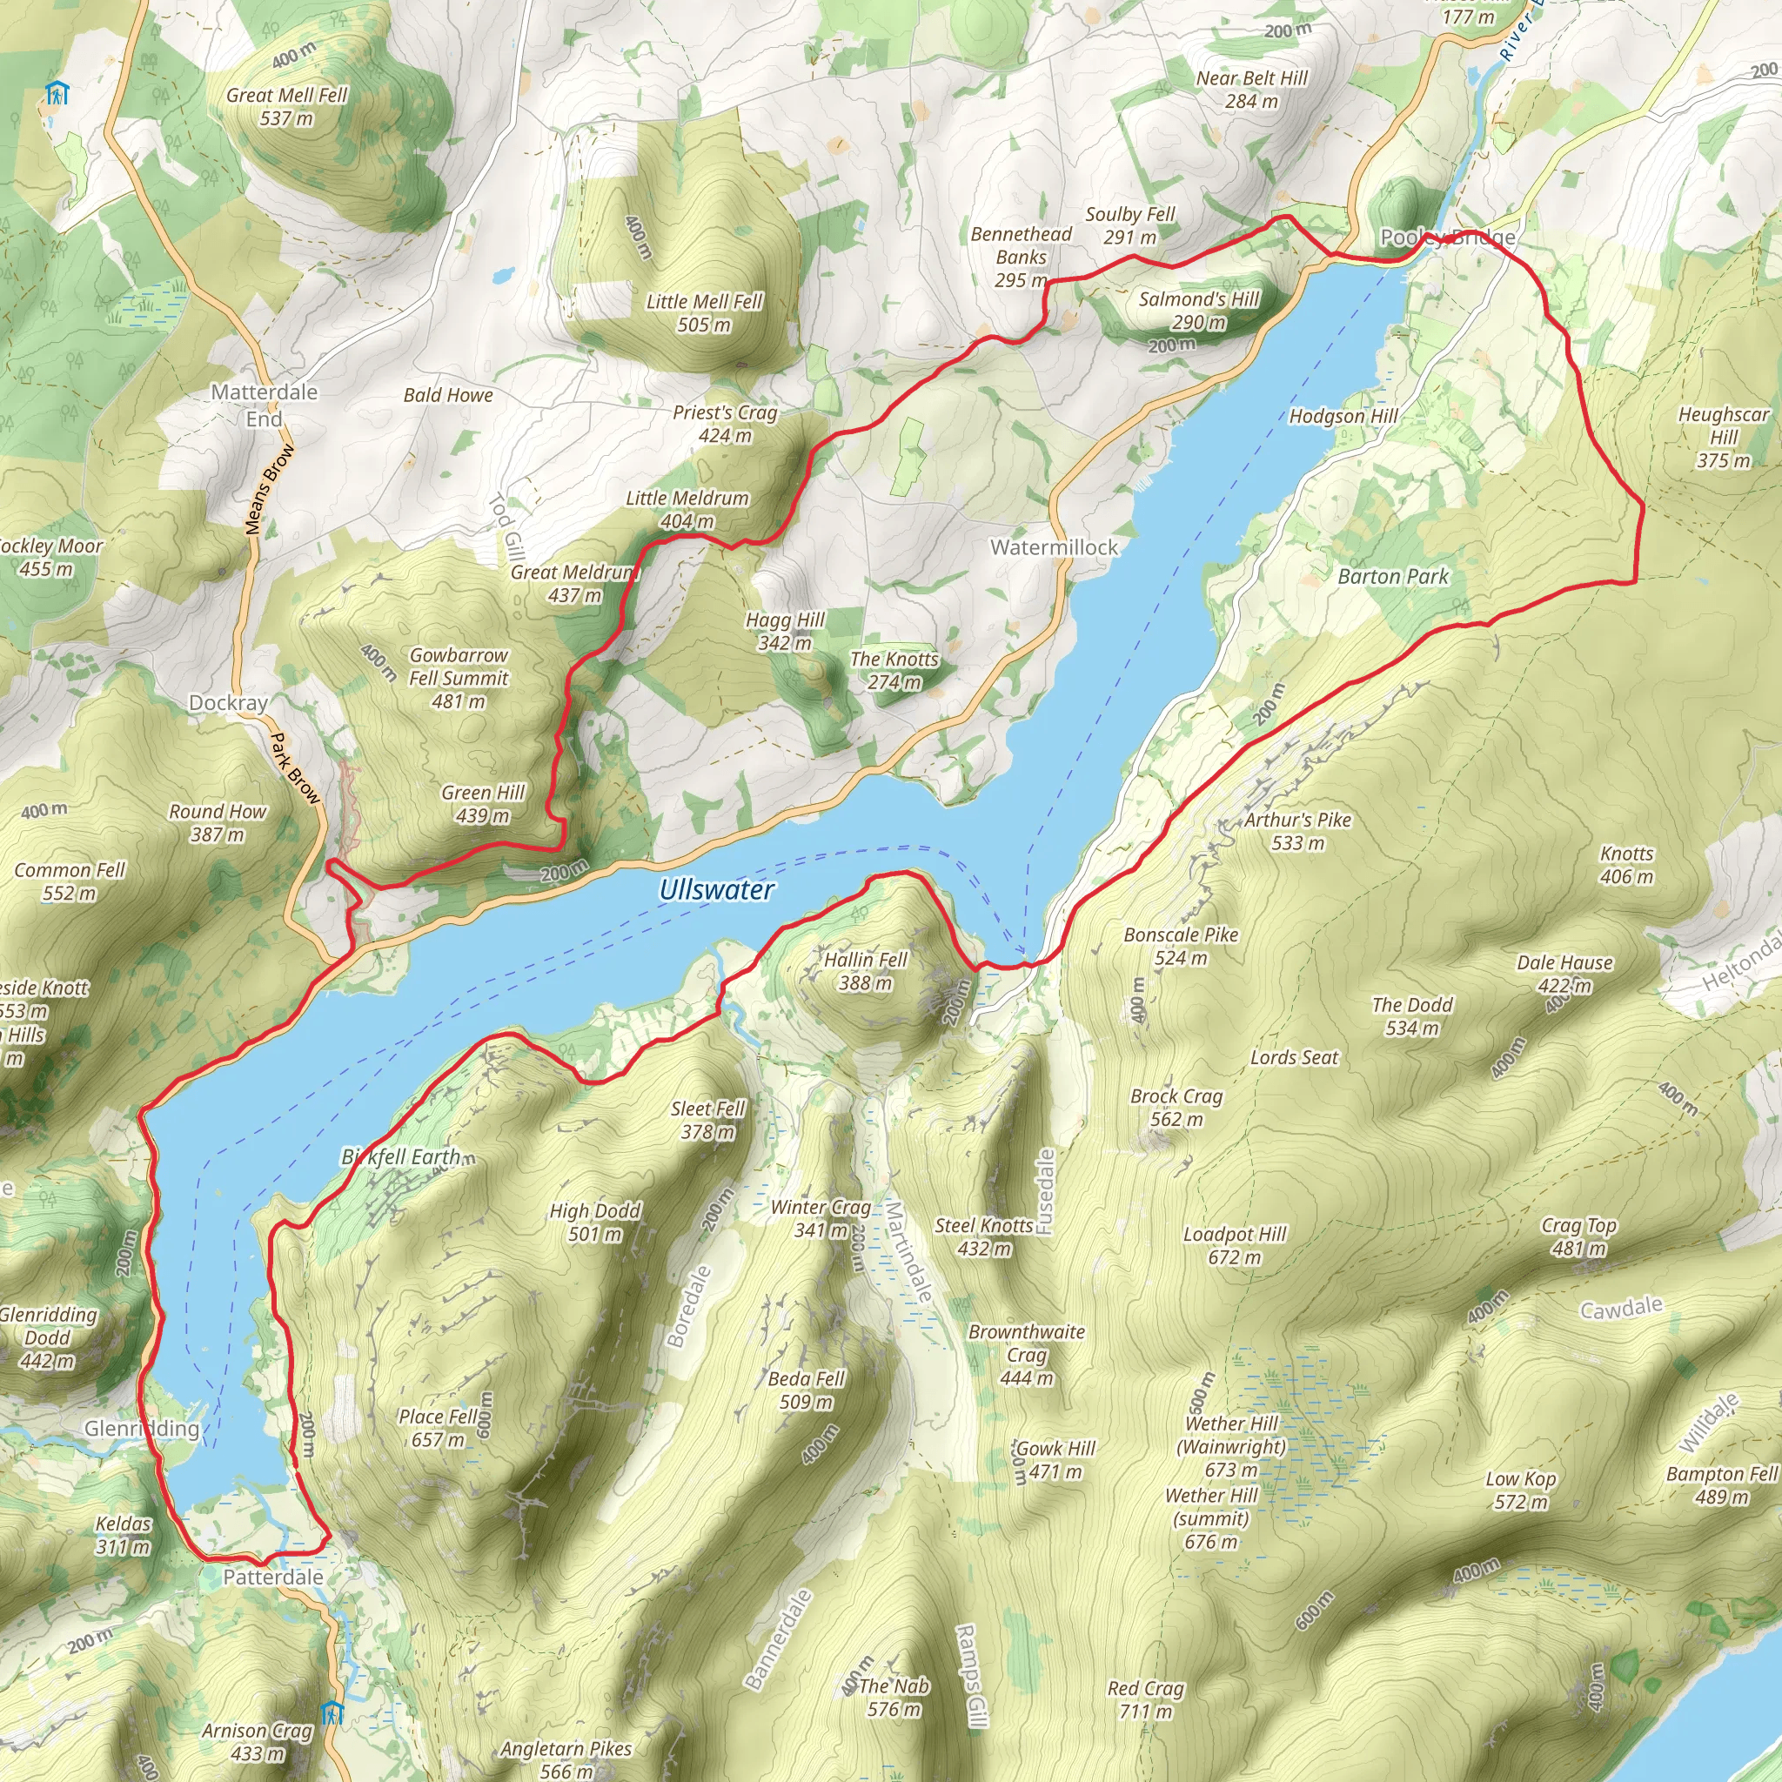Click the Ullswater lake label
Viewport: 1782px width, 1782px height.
tap(716, 889)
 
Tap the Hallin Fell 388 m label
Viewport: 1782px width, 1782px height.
tap(865, 971)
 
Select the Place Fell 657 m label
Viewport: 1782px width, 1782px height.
tap(439, 1428)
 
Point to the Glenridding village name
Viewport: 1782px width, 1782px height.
tap(141, 1429)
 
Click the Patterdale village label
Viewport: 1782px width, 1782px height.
tap(273, 1578)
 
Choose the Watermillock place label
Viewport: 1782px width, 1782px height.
tap(1054, 547)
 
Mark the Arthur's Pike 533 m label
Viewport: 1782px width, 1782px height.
tap(1296, 831)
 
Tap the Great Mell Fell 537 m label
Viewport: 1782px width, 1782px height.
tap(287, 106)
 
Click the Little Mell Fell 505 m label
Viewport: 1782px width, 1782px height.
tap(704, 312)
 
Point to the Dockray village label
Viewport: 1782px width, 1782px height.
tap(228, 703)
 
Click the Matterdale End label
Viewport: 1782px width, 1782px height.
tap(264, 405)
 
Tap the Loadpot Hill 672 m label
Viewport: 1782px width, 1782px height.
tap(1234, 1245)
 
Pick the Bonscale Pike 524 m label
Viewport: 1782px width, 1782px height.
tap(1181, 946)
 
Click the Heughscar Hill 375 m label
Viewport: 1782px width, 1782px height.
tap(1723, 437)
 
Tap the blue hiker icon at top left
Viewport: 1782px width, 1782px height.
tap(57, 93)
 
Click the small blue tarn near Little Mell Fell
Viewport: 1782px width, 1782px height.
tap(502, 275)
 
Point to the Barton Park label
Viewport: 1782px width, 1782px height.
tap(1393, 577)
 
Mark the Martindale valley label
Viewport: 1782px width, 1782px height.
tap(909, 1251)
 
